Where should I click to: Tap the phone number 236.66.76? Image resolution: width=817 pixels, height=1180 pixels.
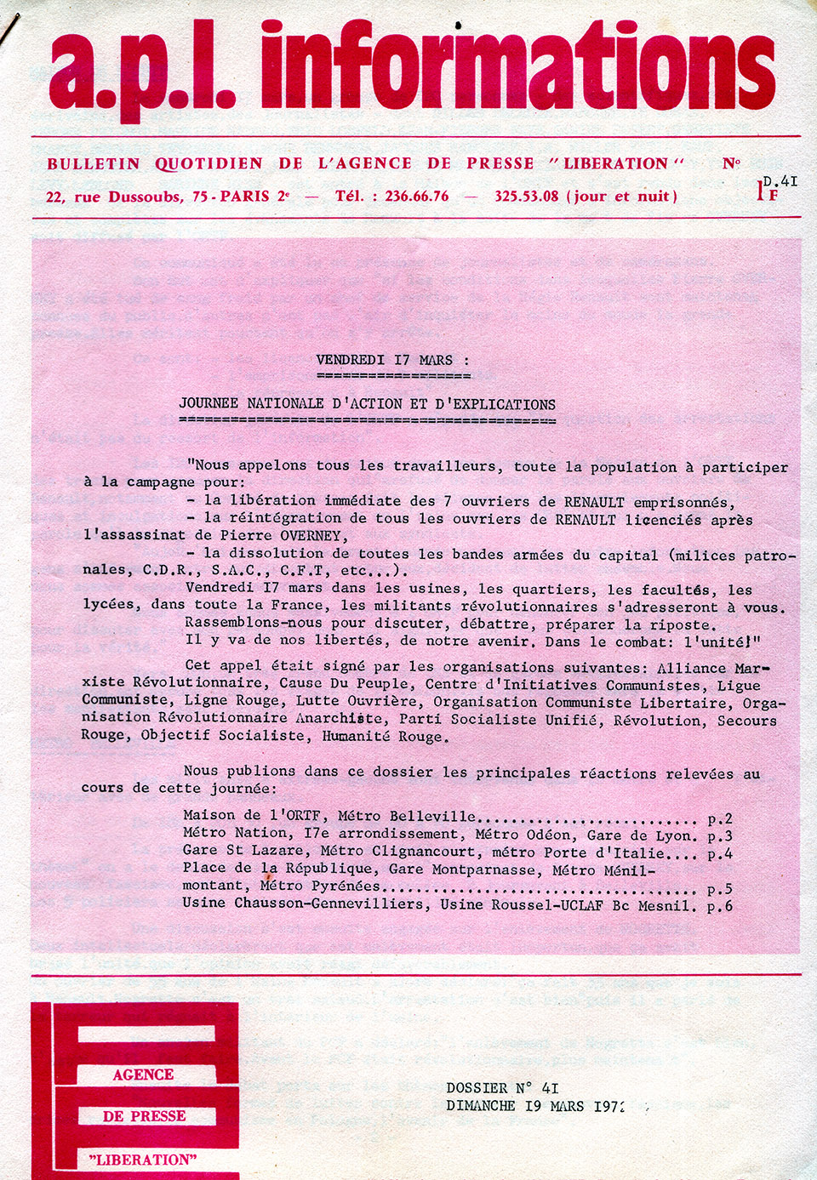coord(416,197)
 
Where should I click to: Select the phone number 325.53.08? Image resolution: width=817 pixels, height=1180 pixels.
coord(526,197)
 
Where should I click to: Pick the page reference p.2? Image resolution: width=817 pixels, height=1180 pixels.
coord(719,818)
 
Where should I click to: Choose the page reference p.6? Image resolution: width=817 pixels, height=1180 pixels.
coord(719,907)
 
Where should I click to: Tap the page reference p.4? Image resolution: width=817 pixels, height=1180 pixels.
coord(719,854)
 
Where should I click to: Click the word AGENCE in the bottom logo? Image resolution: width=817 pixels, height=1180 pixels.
coord(143,1075)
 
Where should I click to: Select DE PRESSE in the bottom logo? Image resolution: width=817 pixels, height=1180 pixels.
coord(144,1116)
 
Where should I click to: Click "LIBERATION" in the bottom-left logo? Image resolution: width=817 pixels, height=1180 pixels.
coord(143,1160)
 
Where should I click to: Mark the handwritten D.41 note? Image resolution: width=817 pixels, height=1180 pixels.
coord(780,181)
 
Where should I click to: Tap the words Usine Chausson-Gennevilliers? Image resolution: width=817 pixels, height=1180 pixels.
coord(303,904)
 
